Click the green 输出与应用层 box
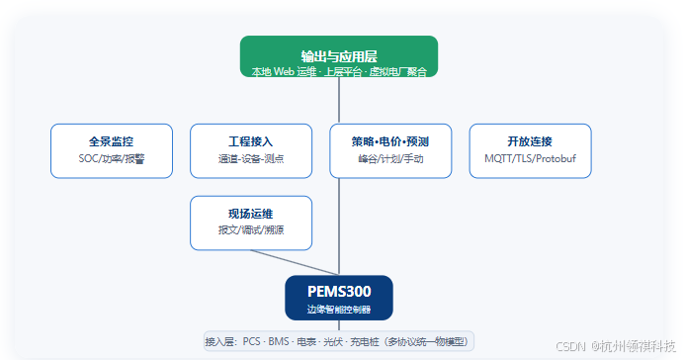[x=339, y=56]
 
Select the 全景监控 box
[x=112, y=151]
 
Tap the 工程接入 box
[x=251, y=151]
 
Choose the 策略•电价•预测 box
[x=390, y=151]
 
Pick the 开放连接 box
[x=531, y=151]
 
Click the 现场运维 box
[x=251, y=223]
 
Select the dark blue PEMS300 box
[x=339, y=298]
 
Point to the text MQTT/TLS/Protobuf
[x=530, y=159]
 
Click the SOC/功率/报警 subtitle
[x=112, y=159]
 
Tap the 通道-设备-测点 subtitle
[x=251, y=159]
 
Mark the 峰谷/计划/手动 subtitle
[x=390, y=159]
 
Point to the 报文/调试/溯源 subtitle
[x=251, y=230]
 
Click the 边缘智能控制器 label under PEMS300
[x=339, y=310]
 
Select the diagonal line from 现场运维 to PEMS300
[x=295, y=263]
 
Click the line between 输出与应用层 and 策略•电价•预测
[x=339, y=100]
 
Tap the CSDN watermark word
[x=570, y=346]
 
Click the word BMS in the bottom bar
[x=279, y=341]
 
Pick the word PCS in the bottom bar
[x=252, y=341]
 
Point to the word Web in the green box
[x=284, y=71]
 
